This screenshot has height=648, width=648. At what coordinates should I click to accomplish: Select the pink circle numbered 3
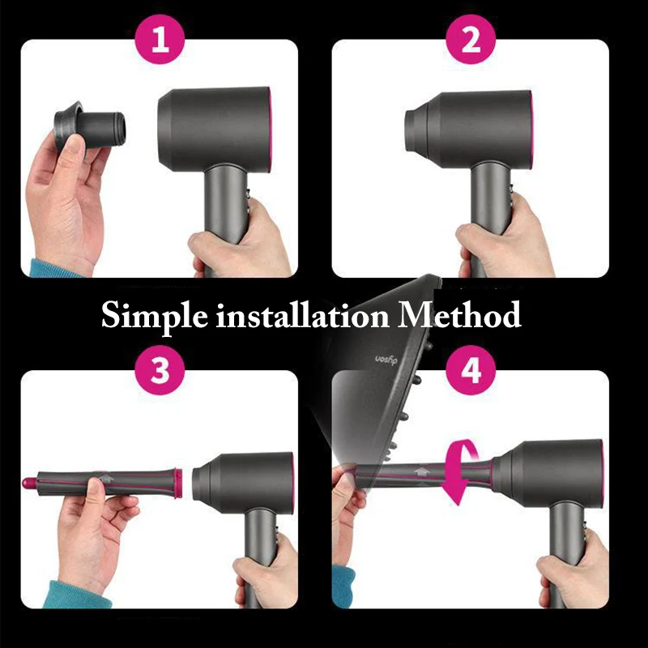click(x=161, y=371)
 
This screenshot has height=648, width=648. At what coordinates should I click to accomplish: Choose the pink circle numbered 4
click(x=473, y=371)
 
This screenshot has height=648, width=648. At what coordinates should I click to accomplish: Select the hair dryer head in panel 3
click(x=243, y=482)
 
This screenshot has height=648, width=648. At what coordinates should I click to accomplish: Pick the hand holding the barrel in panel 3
click(x=93, y=518)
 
